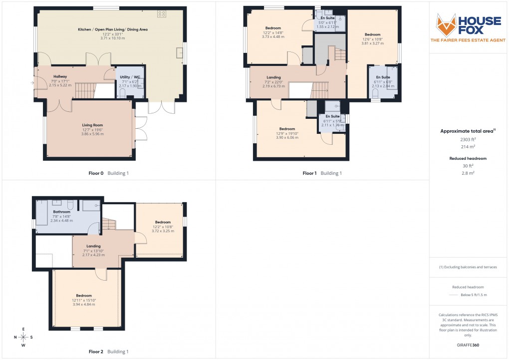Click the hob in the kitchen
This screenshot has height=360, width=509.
[162, 14]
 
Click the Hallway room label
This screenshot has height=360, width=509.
[60, 76]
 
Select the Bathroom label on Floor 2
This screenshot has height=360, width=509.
[62, 212]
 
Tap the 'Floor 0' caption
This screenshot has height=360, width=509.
[95, 173]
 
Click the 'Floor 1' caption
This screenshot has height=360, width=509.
[309, 173]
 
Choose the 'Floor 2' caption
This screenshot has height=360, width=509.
[95, 352]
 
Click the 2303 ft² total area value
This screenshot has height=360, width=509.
[468, 141]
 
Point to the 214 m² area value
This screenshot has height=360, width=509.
[468, 147]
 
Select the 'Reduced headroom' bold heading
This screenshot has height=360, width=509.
[468, 158]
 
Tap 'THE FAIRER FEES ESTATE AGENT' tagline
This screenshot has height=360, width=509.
[468, 40]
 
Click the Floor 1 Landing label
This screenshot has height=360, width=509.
[273, 77]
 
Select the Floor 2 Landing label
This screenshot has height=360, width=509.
[93, 246]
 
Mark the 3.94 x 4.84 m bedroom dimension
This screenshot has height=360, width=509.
[84, 304]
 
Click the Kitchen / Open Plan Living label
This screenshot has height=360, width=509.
[112, 29]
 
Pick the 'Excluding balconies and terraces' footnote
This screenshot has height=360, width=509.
[468, 267]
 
